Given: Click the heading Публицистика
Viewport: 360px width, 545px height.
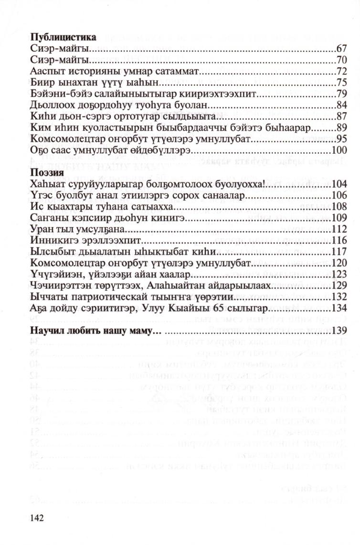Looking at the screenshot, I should (x=63, y=37).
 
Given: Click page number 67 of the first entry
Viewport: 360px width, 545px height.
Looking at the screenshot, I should (x=341, y=48).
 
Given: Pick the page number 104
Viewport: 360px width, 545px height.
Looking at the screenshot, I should (x=339, y=184).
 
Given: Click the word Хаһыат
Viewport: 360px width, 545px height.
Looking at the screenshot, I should (x=46, y=184).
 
